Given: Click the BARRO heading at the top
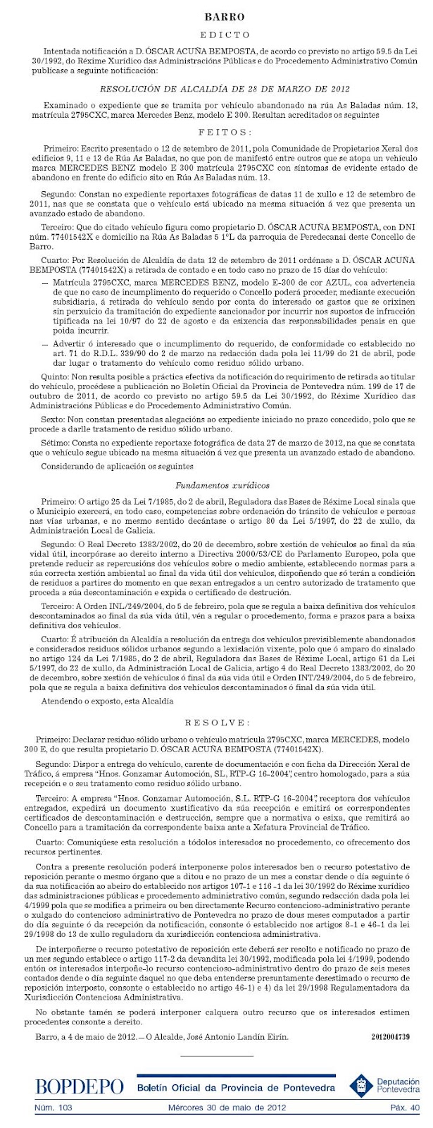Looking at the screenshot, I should (215, 16).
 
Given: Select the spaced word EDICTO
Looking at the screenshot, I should (215, 34).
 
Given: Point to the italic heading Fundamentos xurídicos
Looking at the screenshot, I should (216, 485).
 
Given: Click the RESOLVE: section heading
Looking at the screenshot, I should (216, 723).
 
